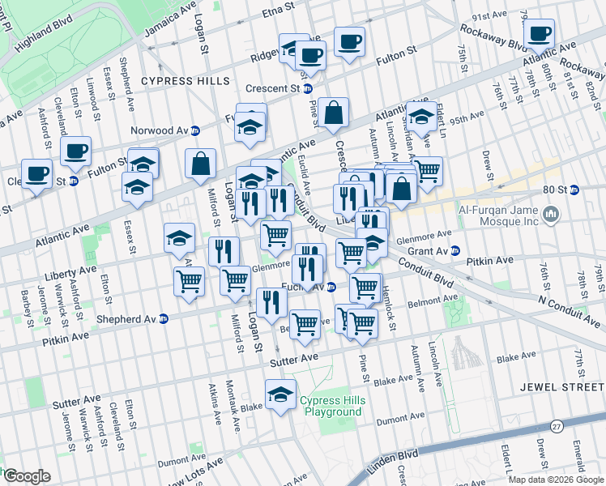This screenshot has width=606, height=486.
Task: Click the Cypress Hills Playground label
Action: (332, 407)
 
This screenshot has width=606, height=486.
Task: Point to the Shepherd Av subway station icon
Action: (164, 318)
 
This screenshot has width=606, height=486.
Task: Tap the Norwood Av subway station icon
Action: (195, 130)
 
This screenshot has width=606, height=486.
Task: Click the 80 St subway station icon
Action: (574, 190)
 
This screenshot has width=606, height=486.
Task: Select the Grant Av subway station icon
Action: (455, 250)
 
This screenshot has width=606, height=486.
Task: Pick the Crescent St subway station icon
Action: (308, 88)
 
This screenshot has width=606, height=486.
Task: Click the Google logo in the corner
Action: (27, 476)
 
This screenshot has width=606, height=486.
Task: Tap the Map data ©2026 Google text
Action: (556, 480)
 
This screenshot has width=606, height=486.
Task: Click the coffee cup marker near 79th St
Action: (538, 33)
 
